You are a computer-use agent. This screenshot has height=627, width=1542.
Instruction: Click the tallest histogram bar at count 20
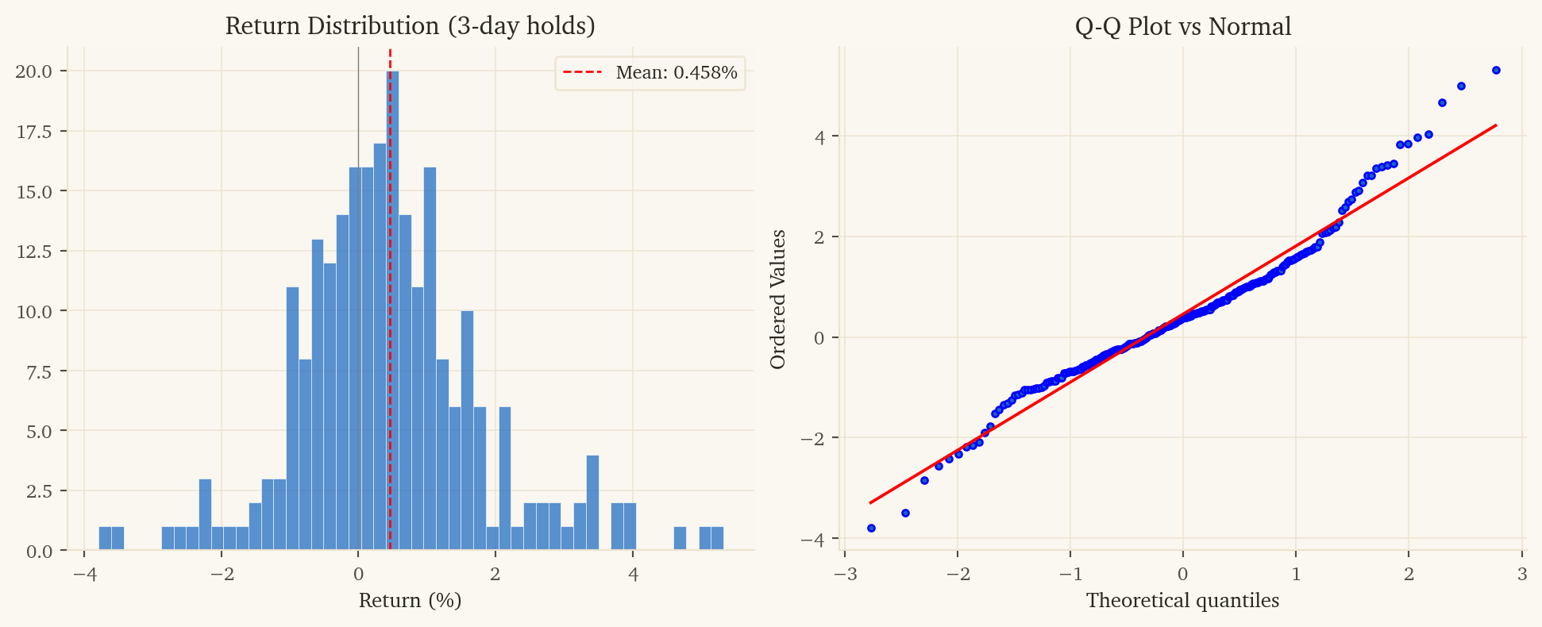[x=393, y=310]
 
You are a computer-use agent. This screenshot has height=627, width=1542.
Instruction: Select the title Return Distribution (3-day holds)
[x=410, y=26]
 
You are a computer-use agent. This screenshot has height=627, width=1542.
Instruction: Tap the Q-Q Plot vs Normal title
[x=1182, y=26]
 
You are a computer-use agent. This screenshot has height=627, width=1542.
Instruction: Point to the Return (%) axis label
[x=410, y=600]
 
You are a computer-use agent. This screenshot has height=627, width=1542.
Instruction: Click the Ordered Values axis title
[x=778, y=299]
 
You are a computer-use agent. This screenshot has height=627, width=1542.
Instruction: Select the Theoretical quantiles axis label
[x=1182, y=600]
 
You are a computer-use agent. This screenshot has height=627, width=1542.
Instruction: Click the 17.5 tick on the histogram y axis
[x=34, y=131]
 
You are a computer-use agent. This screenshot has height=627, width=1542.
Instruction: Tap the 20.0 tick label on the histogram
[x=34, y=71]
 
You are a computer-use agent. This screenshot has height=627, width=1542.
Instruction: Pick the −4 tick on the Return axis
[x=84, y=573]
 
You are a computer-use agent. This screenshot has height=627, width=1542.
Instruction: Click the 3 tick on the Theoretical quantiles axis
[x=1521, y=573]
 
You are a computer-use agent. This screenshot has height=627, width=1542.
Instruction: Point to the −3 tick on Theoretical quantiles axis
[x=844, y=573]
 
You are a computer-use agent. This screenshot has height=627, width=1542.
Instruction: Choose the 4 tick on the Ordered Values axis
[x=820, y=137]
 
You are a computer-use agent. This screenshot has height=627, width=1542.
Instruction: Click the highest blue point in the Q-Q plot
[x=1496, y=70]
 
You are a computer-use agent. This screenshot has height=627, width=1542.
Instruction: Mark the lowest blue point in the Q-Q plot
[x=871, y=528]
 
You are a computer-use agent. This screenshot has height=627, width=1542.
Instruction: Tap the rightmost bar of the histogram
[x=717, y=538]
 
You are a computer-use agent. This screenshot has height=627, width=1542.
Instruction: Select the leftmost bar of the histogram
[x=105, y=538]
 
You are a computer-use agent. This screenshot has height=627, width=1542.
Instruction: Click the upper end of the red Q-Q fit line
[x=1495, y=125]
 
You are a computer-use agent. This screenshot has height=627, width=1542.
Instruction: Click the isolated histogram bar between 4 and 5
[x=680, y=538]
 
